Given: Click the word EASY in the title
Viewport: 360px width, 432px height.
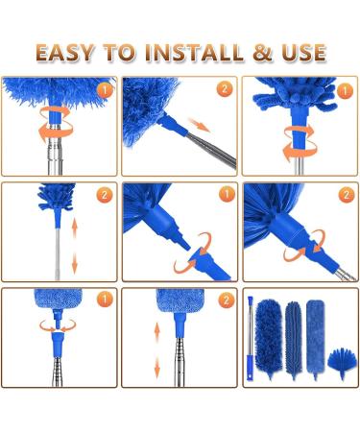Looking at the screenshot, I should [x=73, y=51].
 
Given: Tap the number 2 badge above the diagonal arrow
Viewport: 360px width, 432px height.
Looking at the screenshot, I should [x=224, y=89].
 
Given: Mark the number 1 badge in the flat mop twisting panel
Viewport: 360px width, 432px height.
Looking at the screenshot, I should [x=103, y=299].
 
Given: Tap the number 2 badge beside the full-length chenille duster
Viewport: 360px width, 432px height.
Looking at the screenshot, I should [x=103, y=195].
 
